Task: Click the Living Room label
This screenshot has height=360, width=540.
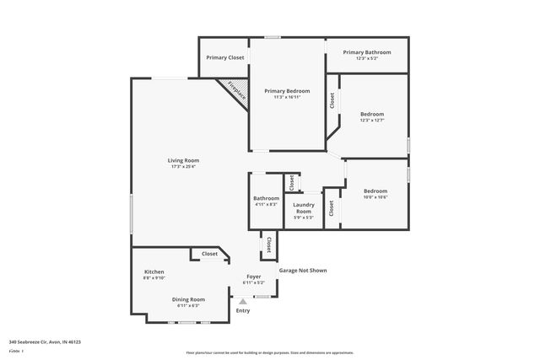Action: (x=182, y=160)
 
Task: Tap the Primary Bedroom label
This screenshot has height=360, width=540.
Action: (x=287, y=90)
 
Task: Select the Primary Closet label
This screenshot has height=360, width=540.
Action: (x=225, y=57)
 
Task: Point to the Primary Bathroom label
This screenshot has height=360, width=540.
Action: (x=366, y=52)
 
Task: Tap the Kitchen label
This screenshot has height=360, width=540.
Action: (x=154, y=271)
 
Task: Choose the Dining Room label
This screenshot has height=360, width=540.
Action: (x=188, y=299)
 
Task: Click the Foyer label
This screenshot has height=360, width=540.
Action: (x=253, y=277)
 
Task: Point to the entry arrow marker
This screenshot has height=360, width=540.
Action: (x=243, y=301)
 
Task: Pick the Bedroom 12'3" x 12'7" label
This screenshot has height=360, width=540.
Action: (x=372, y=114)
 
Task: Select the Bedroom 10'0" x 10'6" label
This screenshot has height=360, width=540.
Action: (x=375, y=191)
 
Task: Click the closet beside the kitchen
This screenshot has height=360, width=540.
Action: (x=209, y=254)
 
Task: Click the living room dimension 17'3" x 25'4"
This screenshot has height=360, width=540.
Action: (x=182, y=166)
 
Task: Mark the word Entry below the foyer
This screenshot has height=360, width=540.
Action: (x=243, y=311)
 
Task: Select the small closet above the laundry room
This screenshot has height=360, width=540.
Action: (x=290, y=182)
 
